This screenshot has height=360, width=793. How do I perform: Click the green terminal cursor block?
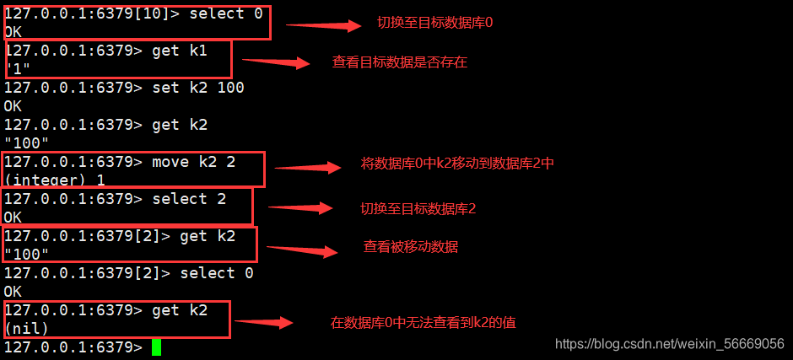(156, 347)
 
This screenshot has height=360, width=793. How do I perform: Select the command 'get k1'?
(179, 51)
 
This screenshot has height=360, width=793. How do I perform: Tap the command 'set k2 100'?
(198, 88)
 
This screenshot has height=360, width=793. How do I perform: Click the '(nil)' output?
(26, 328)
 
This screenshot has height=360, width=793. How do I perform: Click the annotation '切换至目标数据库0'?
(434, 23)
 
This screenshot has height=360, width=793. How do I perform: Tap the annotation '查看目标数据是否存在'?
(400, 62)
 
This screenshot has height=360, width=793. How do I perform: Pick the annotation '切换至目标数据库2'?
(418, 207)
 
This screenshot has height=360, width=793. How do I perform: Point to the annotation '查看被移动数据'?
(411, 247)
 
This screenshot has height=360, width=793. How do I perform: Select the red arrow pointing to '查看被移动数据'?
(303, 250)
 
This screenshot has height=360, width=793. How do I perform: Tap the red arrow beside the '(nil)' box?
(262, 322)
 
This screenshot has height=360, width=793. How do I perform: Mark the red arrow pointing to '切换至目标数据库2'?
(300, 207)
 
